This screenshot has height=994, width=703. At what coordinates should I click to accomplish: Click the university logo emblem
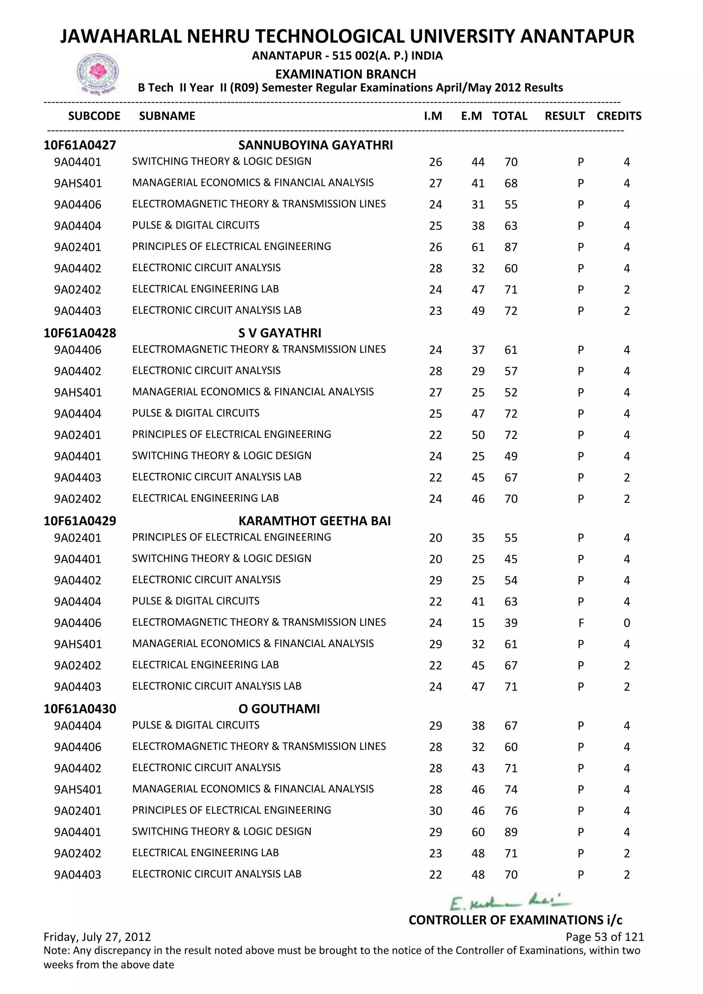(97, 73)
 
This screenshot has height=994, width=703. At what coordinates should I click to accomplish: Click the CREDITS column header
(619, 116)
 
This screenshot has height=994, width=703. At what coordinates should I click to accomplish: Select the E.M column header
(471, 116)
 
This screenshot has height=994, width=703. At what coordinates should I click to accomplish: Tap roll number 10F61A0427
(80, 145)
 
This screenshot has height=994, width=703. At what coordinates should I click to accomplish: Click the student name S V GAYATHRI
(280, 333)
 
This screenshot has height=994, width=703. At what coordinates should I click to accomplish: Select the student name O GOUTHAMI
(279, 709)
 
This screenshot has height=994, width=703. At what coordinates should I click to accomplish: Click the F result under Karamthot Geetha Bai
(580, 623)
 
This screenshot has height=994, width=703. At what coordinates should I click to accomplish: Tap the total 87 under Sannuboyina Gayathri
(511, 247)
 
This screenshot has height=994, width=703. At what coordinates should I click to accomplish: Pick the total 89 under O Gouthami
(511, 832)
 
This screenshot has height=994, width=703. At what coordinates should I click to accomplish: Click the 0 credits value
(626, 623)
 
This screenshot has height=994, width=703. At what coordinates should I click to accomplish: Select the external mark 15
(478, 623)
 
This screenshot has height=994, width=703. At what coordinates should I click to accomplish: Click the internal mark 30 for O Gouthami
(436, 811)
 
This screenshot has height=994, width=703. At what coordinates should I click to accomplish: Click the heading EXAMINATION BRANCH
(345, 74)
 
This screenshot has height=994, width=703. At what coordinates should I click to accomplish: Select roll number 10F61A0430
(80, 709)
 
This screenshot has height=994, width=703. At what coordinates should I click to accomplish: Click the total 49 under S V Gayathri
(511, 456)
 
